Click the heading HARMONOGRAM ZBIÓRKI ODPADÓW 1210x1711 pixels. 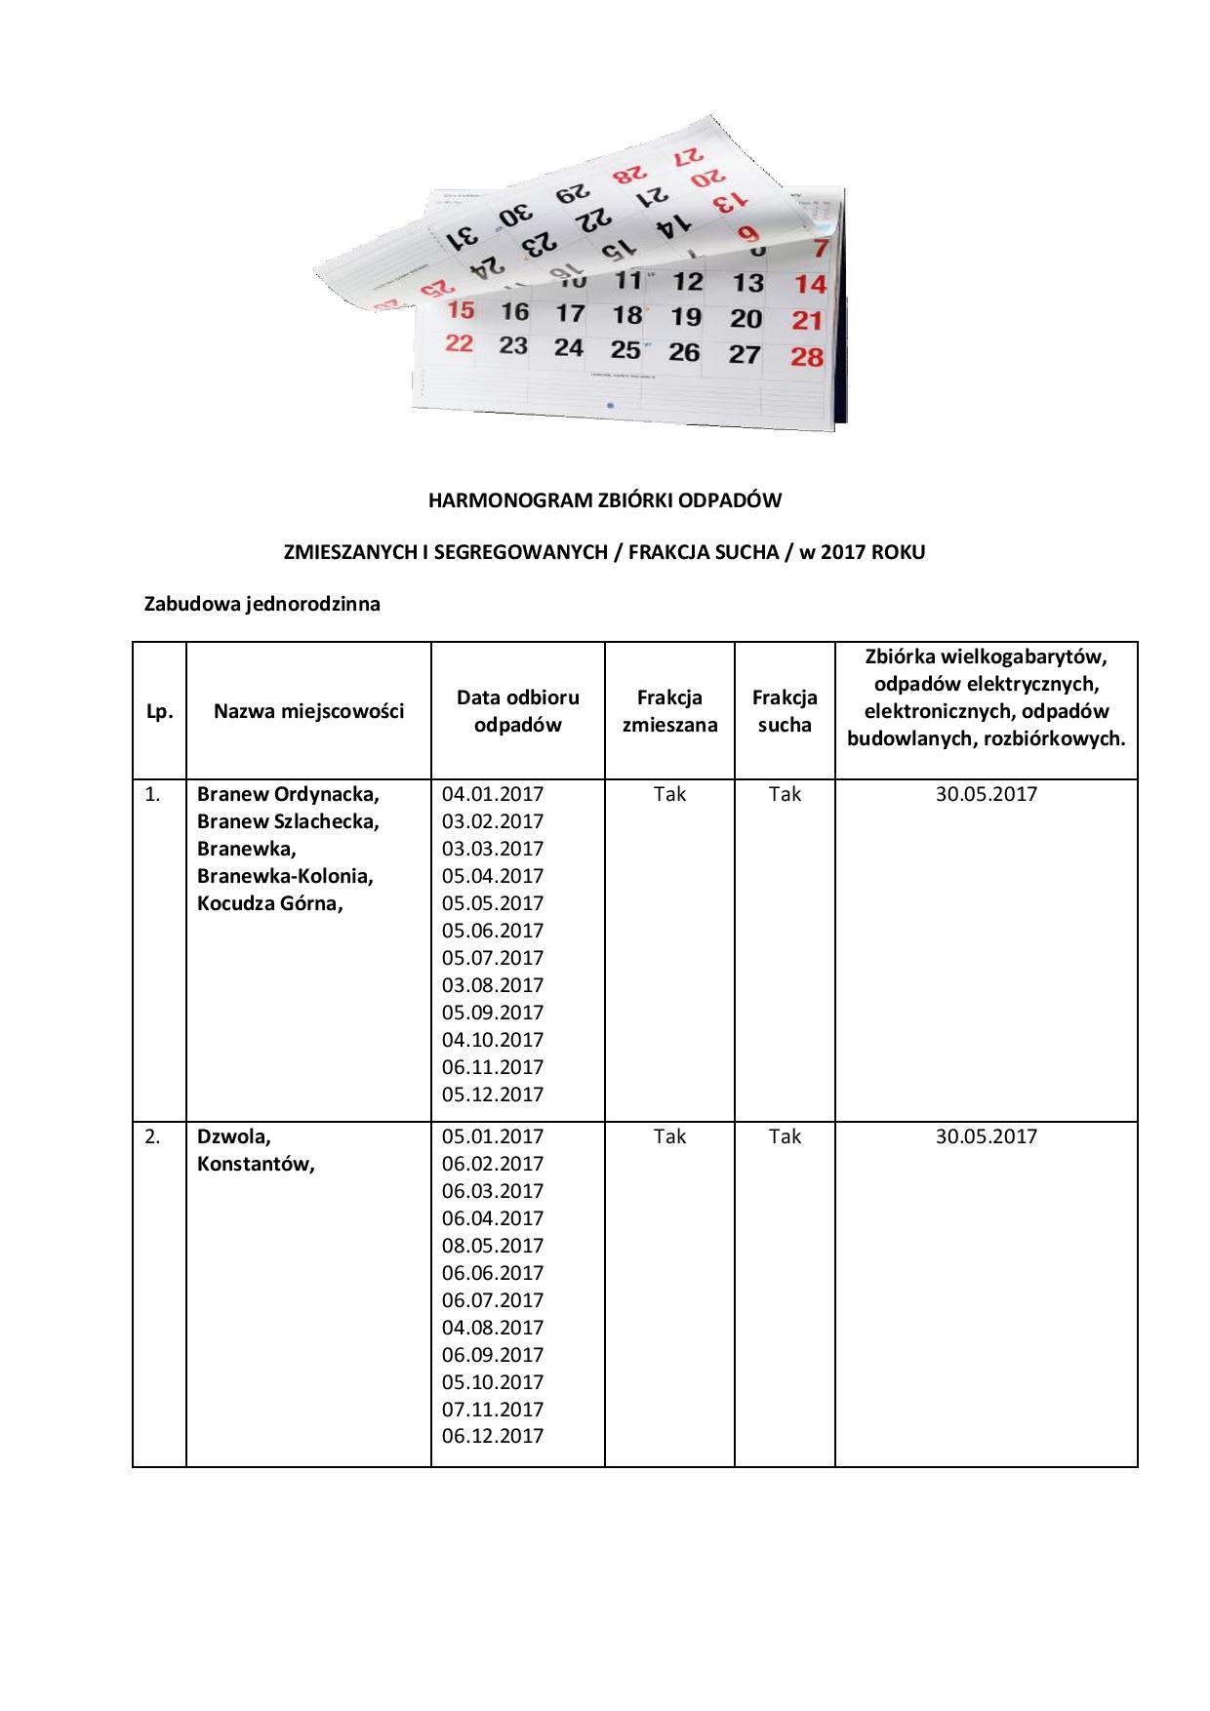pyautogui.click(x=605, y=500)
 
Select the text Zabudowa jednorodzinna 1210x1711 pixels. pyautogui.click(x=262, y=604)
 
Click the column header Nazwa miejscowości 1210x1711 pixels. pyautogui.click(x=308, y=711)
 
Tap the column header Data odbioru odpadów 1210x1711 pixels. pyautogui.click(x=517, y=711)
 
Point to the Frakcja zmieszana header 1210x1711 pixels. pyautogui.click(x=669, y=711)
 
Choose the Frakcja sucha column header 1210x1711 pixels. pyautogui.click(x=785, y=711)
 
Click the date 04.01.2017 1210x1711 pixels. pyautogui.click(x=493, y=794)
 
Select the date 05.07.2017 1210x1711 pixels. pyautogui.click(x=493, y=958)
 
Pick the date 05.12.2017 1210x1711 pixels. pyautogui.click(x=493, y=1094)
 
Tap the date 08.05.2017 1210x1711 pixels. pyautogui.click(x=493, y=1246)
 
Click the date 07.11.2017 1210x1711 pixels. pyautogui.click(x=493, y=1410)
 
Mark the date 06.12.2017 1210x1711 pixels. pyautogui.click(x=493, y=1436)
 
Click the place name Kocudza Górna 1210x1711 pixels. pyautogui.click(x=269, y=903)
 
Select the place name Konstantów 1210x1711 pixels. pyautogui.click(x=256, y=1164)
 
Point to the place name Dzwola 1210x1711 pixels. pyautogui.click(x=234, y=1136)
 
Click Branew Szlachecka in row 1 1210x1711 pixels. pyautogui.click(x=288, y=821)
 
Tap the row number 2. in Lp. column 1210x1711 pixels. pyautogui.click(x=153, y=1136)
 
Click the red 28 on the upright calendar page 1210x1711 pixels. pyautogui.click(x=807, y=356)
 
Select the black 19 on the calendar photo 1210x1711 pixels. pyautogui.click(x=686, y=316)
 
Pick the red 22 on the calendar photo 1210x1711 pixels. pyautogui.click(x=459, y=343)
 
